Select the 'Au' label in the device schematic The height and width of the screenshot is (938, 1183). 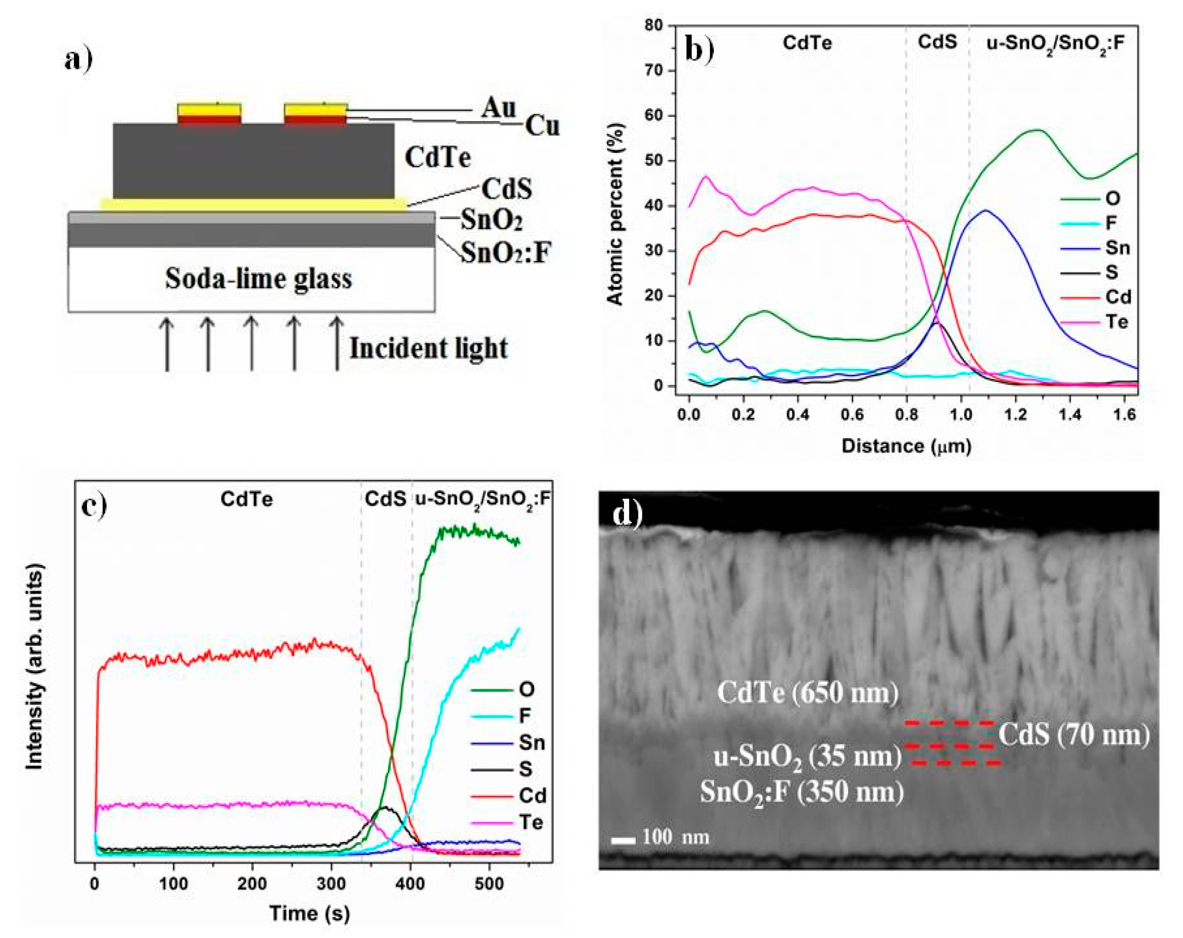pos(499,108)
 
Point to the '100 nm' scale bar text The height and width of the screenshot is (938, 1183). pos(675,837)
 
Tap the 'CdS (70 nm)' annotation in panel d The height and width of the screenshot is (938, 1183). pos(1073,734)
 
